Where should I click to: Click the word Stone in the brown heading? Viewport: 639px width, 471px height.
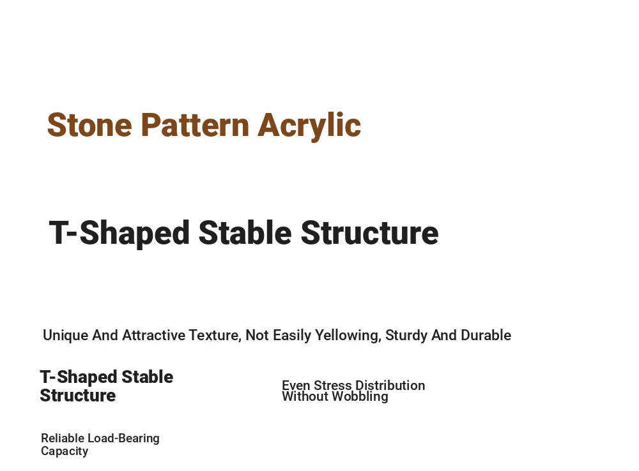point(89,125)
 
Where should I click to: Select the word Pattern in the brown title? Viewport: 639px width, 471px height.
point(195,125)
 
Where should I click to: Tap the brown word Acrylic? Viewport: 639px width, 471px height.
point(309,126)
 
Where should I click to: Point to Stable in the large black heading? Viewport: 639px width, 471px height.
point(245,232)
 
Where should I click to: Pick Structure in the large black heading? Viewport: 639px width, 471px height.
point(369,232)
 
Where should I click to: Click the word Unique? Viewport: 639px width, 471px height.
point(66,336)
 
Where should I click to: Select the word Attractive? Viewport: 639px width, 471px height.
point(154,335)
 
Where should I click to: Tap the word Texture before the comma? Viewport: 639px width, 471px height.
point(213,335)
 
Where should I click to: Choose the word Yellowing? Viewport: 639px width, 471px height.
point(348,336)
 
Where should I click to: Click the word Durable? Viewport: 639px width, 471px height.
point(486,335)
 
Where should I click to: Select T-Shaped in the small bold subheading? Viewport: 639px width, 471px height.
point(79,377)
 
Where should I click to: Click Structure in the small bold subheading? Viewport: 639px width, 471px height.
point(78,396)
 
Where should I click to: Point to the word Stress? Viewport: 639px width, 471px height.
point(332,385)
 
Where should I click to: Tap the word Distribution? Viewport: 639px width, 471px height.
point(390,385)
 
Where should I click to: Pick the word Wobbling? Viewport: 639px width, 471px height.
point(360,397)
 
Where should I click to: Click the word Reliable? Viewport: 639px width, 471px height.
point(63,438)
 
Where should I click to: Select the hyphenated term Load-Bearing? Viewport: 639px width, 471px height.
point(123,439)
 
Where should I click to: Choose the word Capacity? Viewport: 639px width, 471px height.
point(65,451)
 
